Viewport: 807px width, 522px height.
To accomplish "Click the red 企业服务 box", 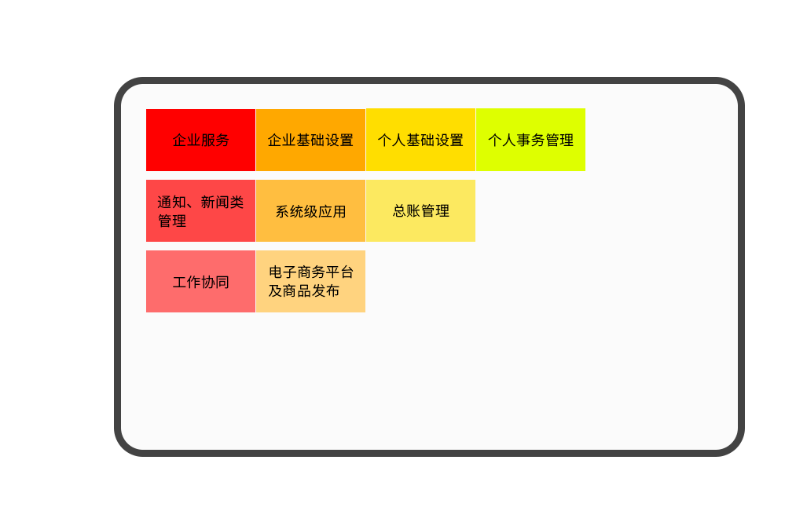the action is coord(200,140).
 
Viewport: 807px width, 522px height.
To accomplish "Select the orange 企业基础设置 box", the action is coord(311,140).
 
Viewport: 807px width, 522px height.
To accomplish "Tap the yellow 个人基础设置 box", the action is coord(421,140).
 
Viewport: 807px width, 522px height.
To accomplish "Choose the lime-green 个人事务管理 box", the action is coord(530,140).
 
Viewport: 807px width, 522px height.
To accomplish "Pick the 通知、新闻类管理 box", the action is coord(200,211).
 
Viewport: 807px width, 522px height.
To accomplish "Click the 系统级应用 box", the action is coord(311,211).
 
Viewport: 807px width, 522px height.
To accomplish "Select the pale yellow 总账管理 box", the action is coord(421,211).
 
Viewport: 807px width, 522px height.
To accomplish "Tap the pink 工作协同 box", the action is coord(200,281).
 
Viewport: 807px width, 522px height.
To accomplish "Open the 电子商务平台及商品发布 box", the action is coord(311,281).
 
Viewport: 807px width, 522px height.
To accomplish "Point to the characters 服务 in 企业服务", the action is coord(215,140).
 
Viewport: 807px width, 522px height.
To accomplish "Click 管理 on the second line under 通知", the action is coord(172,221).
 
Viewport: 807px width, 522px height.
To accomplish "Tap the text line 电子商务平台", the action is coord(311,272).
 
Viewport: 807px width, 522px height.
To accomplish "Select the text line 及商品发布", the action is coord(303,291).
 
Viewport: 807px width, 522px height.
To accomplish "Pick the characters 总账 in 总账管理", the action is coord(406,211).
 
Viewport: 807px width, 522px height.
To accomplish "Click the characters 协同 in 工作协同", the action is coord(215,283).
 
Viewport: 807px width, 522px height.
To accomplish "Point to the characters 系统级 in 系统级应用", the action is coord(296,212).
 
